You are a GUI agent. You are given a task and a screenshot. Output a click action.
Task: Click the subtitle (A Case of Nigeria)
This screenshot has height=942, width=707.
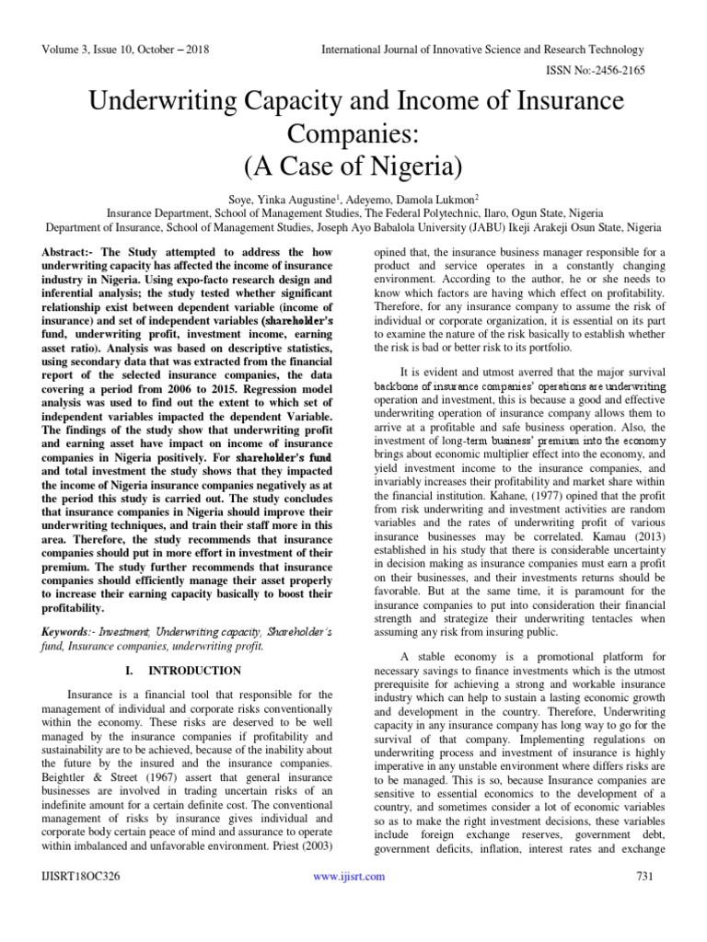click(353, 168)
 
